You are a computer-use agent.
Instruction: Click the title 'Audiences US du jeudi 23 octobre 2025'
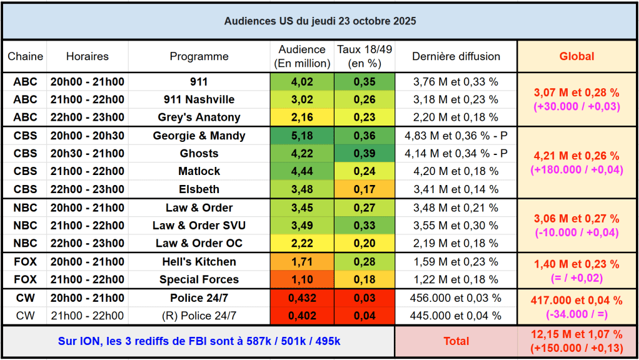pos(320,21)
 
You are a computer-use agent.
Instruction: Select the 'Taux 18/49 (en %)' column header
pos(365,56)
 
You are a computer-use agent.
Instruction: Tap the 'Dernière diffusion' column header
pos(456,56)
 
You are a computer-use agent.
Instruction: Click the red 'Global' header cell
pos(576,56)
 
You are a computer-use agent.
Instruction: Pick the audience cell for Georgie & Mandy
pos(302,136)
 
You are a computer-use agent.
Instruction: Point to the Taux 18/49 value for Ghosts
pos(365,153)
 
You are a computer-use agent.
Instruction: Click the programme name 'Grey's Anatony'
pos(199,117)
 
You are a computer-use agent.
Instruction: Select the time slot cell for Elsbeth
pos(87,189)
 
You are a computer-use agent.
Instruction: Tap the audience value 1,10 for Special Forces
pos(302,279)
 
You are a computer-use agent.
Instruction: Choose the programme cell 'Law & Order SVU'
pos(199,225)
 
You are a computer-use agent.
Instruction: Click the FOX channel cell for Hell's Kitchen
pos(25,261)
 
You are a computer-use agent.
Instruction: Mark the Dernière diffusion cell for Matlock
pos(456,171)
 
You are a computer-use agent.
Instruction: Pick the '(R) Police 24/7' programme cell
pos(199,316)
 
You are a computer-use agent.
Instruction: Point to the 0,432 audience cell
pos(302,298)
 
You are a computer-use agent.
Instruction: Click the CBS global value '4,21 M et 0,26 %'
pos(576,156)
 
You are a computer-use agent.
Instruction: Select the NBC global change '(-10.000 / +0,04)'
pos(576,232)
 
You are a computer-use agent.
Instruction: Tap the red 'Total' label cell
pos(456,341)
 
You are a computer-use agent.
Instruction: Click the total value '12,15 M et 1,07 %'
pos(576,334)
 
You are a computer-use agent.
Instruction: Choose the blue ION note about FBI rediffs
pos(199,341)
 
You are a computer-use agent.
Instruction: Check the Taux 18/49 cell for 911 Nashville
pos(365,99)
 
